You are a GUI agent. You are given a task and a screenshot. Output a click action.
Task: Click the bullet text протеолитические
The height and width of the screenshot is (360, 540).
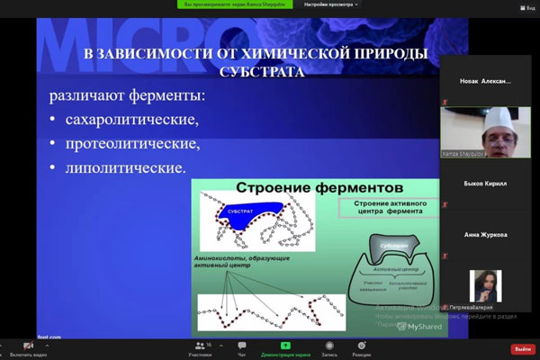[131, 144]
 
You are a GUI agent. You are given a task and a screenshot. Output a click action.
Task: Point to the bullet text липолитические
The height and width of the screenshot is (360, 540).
[125, 168]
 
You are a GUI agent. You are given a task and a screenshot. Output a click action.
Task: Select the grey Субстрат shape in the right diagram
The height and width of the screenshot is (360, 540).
[395, 245]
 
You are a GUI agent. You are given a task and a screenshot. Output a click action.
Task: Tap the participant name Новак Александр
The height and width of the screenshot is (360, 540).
[487, 81]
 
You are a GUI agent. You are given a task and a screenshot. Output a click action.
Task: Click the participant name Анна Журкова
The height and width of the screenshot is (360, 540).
[487, 235]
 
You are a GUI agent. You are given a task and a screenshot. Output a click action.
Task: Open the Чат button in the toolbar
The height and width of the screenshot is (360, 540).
[241, 348]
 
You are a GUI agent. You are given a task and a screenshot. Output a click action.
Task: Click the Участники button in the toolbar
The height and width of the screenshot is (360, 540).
[200, 348]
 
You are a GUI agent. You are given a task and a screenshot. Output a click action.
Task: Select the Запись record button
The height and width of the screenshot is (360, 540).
[329, 348]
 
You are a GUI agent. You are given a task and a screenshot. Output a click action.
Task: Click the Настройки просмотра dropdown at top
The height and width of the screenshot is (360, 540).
[330, 4]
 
